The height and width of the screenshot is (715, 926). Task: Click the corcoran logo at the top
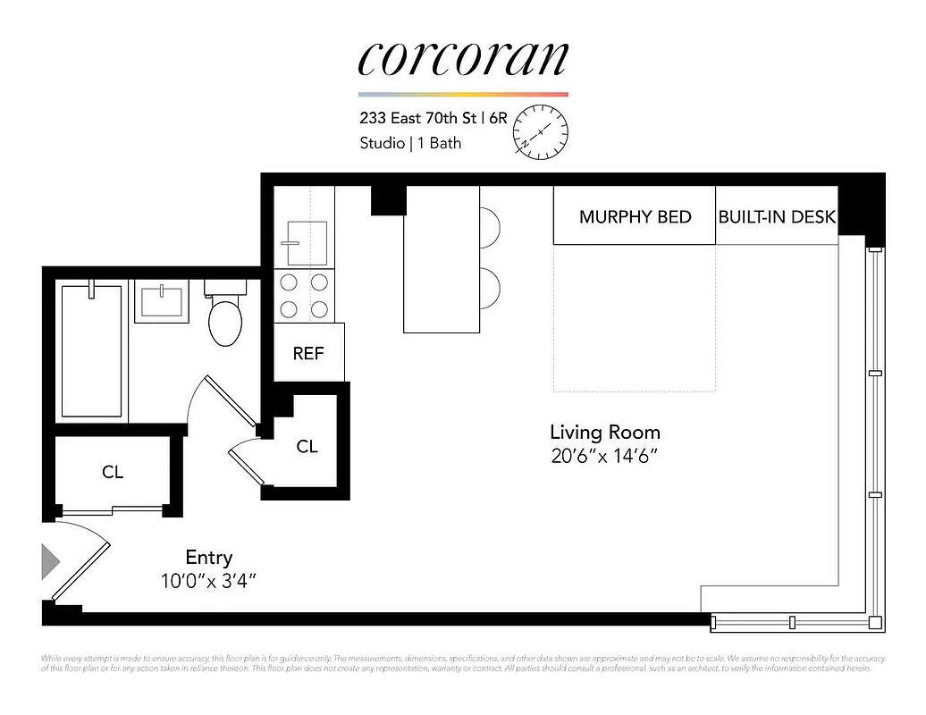462,59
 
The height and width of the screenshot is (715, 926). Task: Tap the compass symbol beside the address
540,132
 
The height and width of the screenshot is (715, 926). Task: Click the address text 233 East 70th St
418,117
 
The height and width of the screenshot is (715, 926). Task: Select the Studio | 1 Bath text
410,143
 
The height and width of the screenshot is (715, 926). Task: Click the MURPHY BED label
635,217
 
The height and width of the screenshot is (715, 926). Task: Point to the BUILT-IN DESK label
777,217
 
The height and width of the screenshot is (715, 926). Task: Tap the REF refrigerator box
308,353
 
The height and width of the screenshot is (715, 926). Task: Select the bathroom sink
162,301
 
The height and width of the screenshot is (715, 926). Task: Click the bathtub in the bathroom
90,350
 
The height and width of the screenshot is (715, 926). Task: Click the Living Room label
604,433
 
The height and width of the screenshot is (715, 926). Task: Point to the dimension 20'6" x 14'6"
604,457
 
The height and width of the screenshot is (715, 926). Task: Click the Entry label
209,558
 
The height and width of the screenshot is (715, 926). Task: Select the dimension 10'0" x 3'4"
209,581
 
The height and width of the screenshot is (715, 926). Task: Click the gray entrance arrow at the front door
50,562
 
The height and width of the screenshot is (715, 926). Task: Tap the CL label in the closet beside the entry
113,472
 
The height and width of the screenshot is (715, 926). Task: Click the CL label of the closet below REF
307,446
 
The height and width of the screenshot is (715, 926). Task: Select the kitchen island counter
442,259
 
